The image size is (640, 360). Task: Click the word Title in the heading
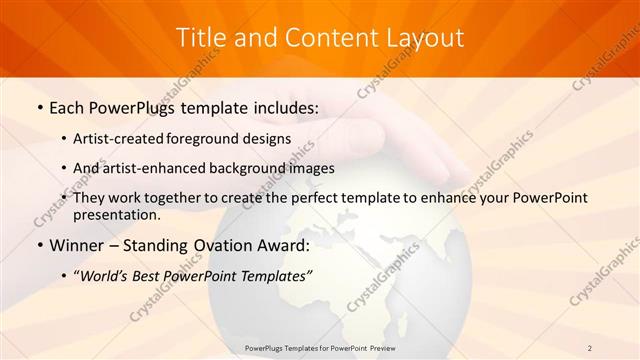200,38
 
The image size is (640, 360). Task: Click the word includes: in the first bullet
284,106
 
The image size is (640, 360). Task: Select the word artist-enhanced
152,168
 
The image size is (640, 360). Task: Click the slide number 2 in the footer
590,347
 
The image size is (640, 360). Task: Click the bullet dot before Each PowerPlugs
38,107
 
